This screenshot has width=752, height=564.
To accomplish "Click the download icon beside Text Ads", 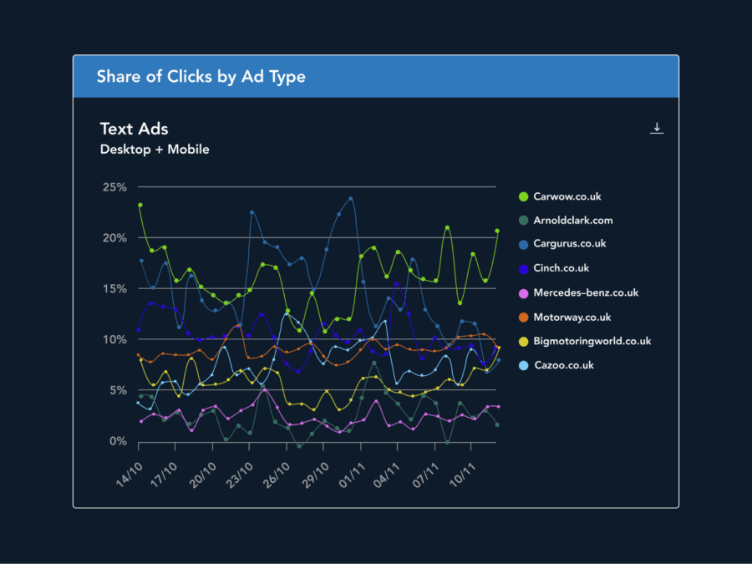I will [657, 128].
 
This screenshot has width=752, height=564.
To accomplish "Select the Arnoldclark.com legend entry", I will [572, 221].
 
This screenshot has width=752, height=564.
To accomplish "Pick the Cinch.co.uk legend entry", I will [561, 268].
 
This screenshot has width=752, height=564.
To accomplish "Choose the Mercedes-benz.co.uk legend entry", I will [585, 292].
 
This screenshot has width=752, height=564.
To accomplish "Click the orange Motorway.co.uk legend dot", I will [523, 318].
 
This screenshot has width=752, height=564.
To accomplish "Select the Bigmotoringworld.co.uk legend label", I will [592, 341].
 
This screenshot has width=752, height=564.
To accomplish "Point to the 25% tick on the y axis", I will [114, 187].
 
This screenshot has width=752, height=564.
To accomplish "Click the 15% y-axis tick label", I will [114, 289].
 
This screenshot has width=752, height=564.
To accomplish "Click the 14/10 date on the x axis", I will [130, 476].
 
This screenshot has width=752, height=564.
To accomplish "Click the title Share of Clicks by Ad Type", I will [201, 77].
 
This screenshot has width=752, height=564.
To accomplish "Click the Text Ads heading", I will [134, 129].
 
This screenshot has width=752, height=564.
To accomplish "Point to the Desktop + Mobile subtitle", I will [155, 150].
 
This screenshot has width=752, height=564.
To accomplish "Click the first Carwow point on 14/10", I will [140, 205].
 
